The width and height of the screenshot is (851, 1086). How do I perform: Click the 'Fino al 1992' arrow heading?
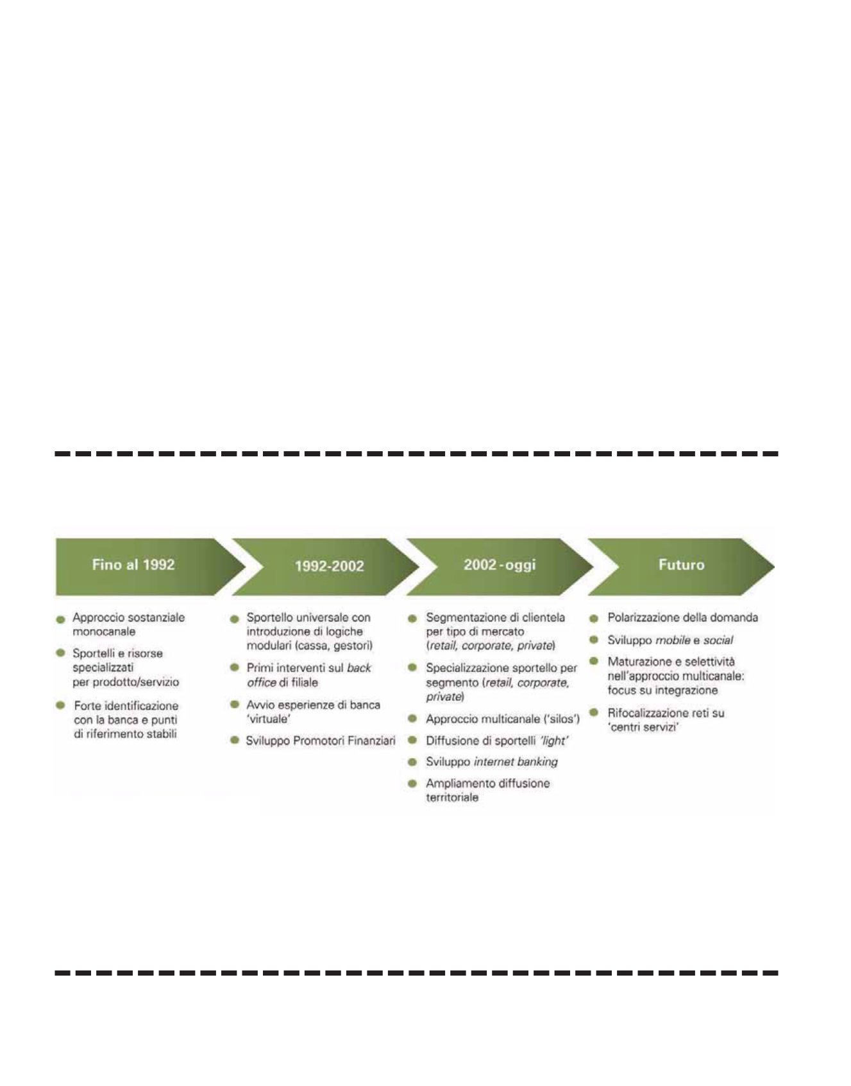tap(133, 565)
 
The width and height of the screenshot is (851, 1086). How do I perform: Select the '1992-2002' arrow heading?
tap(329, 566)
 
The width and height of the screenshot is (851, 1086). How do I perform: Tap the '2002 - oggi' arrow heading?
tap(499, 565)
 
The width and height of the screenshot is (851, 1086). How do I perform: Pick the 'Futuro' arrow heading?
tap(681, 565)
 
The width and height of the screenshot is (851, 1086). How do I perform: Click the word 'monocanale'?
tap(104, 632)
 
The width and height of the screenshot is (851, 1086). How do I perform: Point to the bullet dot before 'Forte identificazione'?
tap(61, 705)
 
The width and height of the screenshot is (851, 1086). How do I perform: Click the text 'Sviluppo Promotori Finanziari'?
tap(321, 741)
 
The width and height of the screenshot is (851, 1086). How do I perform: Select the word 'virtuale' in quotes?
tap(269, 719)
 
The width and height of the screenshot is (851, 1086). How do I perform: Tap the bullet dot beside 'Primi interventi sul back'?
tap(235, 668)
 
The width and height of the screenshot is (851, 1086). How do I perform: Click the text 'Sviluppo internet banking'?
tap(492, 762)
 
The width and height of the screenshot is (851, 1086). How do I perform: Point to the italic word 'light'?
tap(554, 741)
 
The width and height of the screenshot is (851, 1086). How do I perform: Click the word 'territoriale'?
tap(452, 798)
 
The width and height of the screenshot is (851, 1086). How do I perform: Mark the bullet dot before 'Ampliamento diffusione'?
tap(413, 784)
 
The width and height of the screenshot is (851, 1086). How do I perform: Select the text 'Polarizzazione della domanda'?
tap(683, 617)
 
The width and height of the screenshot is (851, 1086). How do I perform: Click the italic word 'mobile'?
tap(673, 640)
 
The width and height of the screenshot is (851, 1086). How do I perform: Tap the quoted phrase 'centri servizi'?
tap(643, 727)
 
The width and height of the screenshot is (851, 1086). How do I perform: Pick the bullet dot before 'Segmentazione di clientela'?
tap(413, 618)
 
